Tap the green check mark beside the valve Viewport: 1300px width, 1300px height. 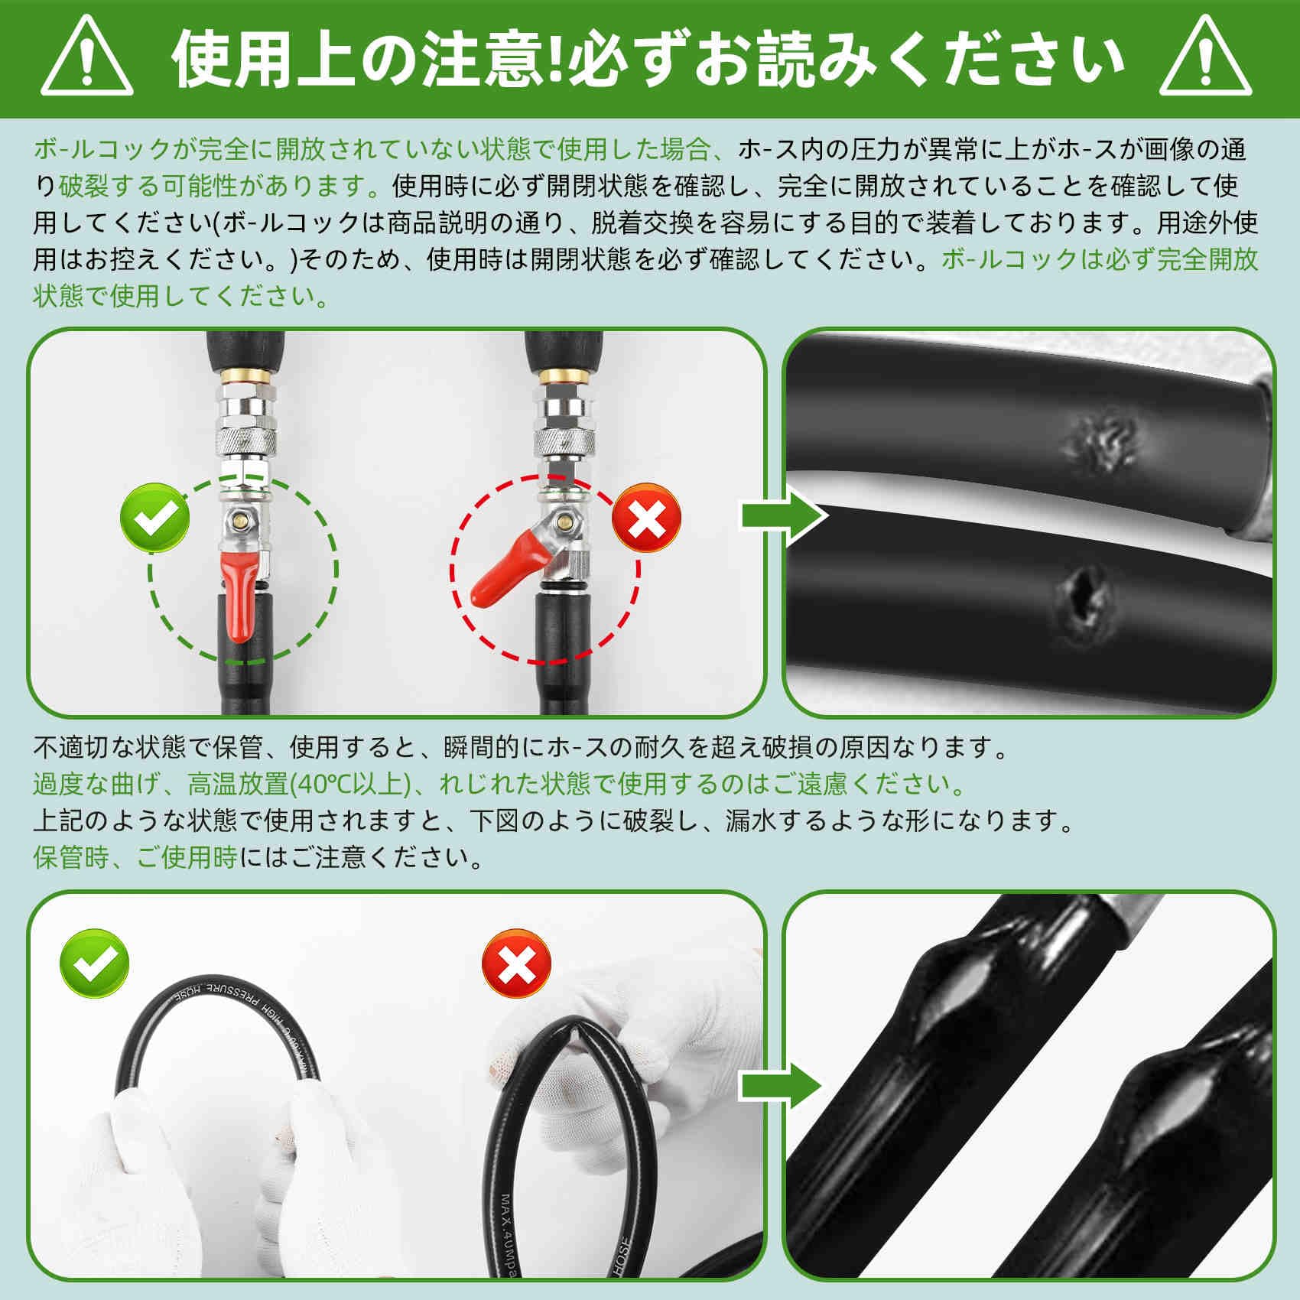[154, 518]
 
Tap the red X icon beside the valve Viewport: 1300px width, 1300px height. [646, 518]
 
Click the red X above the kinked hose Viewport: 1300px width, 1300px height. [517, 966]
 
